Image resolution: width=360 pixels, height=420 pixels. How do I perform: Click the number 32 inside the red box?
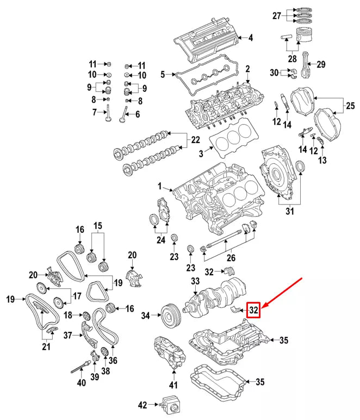254,310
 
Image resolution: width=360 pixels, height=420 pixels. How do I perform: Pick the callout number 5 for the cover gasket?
162,73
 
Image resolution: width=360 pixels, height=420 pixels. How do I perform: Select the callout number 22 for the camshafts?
195,140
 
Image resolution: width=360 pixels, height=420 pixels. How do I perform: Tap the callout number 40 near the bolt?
81,382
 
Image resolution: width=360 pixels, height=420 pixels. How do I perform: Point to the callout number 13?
322,160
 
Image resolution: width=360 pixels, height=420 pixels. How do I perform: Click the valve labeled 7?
109,113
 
